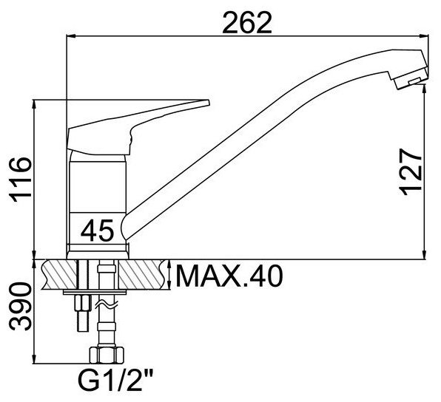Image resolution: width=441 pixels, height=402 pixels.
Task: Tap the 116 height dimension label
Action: coord(20,180)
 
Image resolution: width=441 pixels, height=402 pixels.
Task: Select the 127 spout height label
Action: coord(411,171)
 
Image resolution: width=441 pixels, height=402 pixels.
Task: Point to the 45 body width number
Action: coord(97,231)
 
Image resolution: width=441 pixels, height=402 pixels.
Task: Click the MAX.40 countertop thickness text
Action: coord(229,276)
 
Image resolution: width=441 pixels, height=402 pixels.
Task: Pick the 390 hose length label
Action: coord(20,307)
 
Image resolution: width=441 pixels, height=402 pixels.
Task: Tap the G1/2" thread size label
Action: coord(116,380)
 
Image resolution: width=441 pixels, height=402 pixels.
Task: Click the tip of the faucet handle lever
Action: coord(209,102)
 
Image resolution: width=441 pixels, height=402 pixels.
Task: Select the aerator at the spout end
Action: coord(411,81)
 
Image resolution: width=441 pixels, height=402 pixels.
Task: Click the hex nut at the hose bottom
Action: coord(107,355)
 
